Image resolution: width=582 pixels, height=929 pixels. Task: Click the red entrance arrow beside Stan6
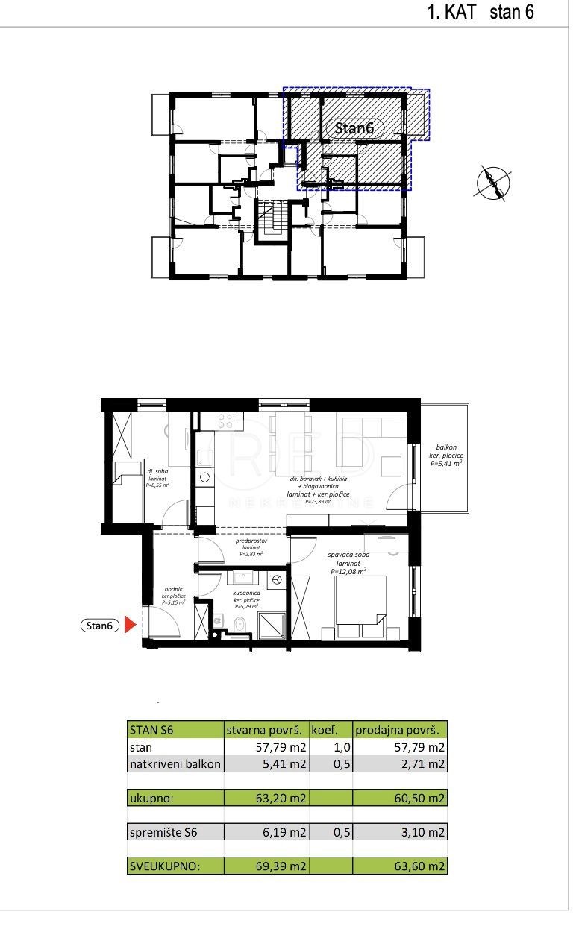click(x=129, y=626)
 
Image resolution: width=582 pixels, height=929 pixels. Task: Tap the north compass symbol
click(x=492, y=181)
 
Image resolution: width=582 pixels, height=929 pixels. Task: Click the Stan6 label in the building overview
click(x=354, y=128)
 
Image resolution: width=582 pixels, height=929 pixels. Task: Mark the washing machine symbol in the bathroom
click(x=276, y=579)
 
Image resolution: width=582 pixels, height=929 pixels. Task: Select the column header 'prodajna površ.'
click(x=400, y=730)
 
